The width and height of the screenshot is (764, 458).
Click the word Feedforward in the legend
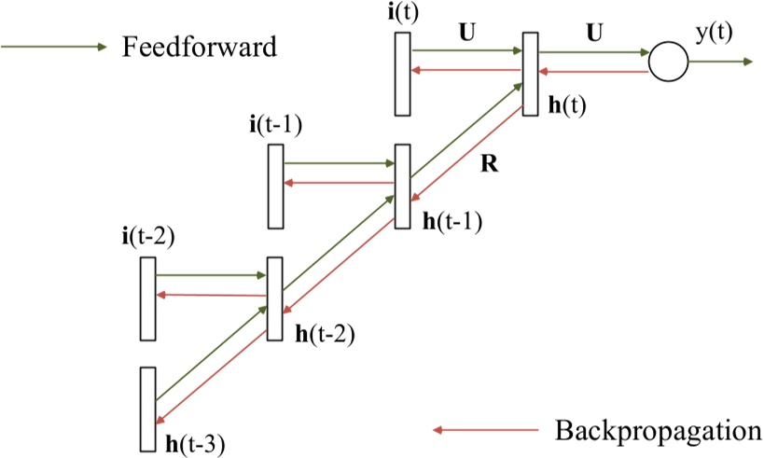pyautogui.click(x=199, y=48)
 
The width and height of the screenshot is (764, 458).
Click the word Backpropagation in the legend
pyautogui.click(x=657, y=431)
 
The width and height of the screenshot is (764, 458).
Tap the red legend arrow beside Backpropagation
pyautogui.click(x=485, y=431)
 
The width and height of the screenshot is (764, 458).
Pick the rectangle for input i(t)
pyautogui.click(x=402, y=74)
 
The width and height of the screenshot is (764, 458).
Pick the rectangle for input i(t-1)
pyautogui.click(x=275, y=187)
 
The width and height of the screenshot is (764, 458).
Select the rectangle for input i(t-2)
pyautogui.click(x=147, y=299)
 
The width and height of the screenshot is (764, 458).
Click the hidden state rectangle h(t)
pyautogui.click(x=530, y=74)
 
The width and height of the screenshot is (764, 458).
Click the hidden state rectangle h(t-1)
pyautogui.click(x=402, y=186)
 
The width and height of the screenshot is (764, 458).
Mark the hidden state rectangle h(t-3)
pyautogui.click(x=147, y=408)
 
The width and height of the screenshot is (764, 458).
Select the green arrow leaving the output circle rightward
pyautogui.click(x=719, y=62)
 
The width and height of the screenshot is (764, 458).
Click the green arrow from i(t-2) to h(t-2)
pyautogui.click(x=211, y=276)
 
